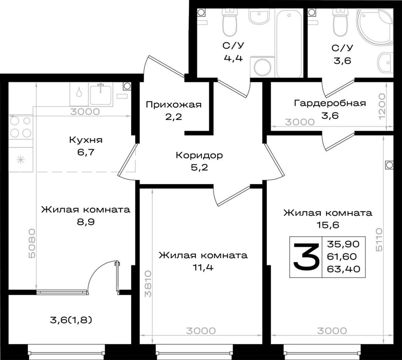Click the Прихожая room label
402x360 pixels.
[174, 105]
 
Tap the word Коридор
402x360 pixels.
[199, 155]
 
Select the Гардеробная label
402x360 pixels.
[330, 103]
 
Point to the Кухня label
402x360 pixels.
[86, 140]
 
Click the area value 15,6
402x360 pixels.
[328, 225]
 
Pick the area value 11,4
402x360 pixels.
[203, 268]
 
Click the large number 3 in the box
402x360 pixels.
[306, 257]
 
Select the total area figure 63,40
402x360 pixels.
[344, 269]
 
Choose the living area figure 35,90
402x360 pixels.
[343, 244]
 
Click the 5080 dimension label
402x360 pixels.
[32, 243]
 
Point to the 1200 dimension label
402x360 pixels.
[382, 106]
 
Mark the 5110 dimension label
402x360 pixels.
[379, 240]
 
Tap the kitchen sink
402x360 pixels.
[100, 94]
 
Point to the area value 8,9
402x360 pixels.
[86, 222]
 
